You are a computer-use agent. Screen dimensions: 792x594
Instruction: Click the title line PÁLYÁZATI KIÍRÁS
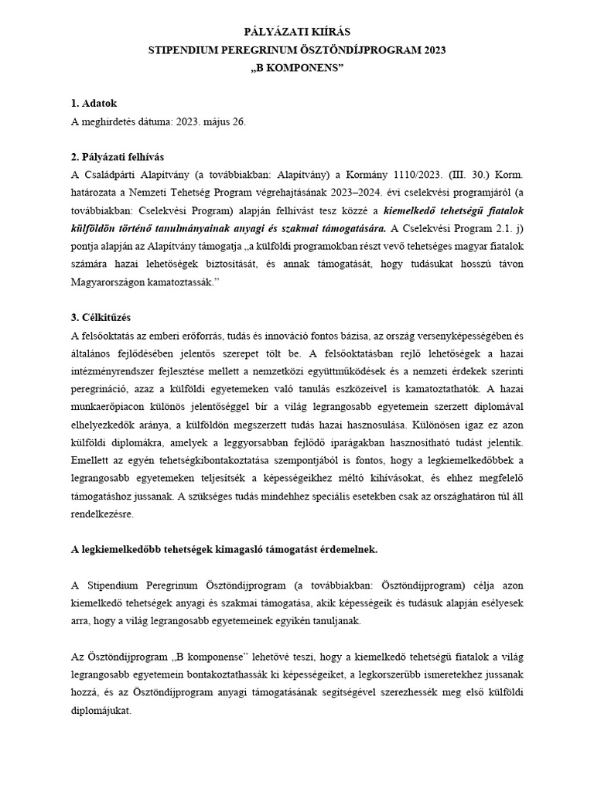tap(297, 32)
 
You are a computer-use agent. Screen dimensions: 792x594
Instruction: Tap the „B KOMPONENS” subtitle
tap(297, 69)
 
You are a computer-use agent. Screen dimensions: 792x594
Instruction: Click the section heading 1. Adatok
tap(94, 103)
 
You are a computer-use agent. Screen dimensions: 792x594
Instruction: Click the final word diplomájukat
tap(102, 710)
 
